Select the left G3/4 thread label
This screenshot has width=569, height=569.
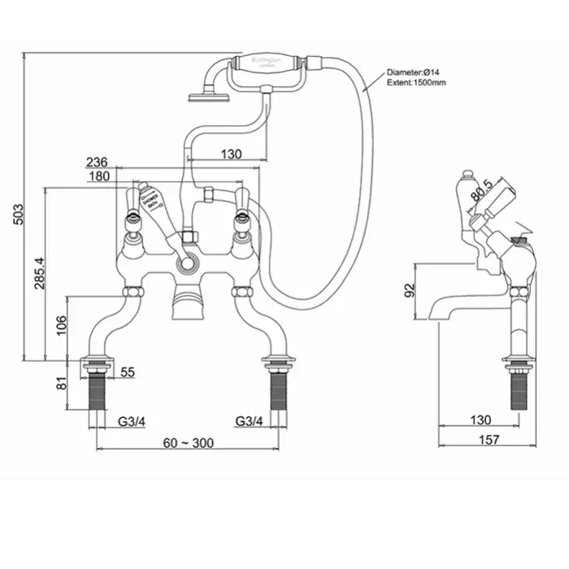pyautogui.click(x=132, y=421)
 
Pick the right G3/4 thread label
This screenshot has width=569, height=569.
pyautogui.click(x=249, y=421)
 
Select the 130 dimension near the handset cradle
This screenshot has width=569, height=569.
pyautogui.click(x=231, y=154)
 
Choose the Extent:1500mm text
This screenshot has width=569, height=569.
pyautogui.click(x=416, y=82)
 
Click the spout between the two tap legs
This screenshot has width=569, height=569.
pyautogui.click(x=189, y=307)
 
